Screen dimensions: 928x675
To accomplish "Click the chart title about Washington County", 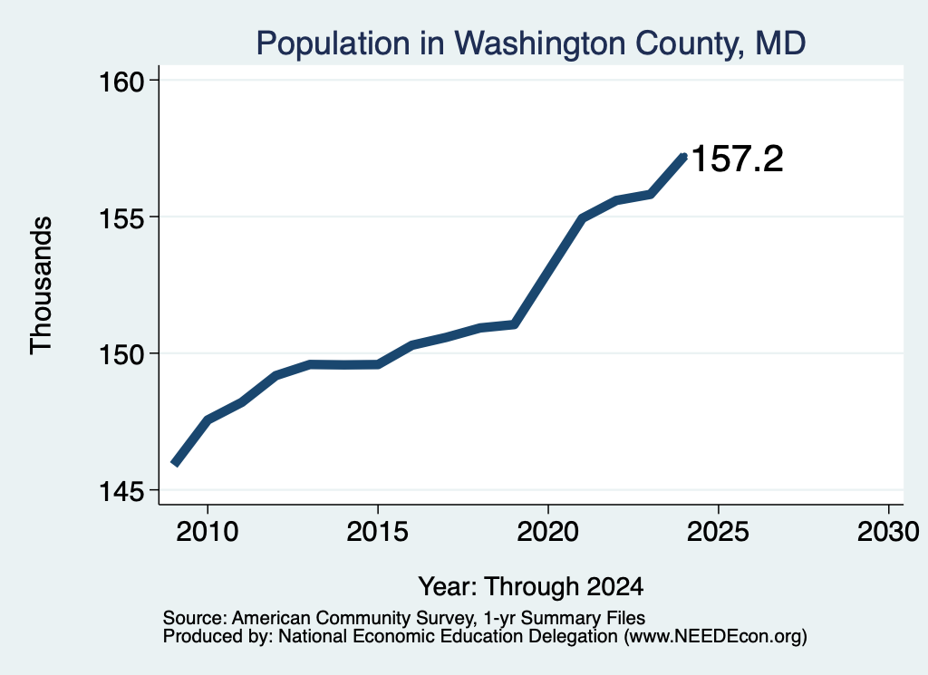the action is [x=531, y=43].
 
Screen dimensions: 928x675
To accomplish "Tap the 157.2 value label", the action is [x=737, y=159].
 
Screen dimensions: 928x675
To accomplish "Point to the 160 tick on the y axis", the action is [x=121, y=82].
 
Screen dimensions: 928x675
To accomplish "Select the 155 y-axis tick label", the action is [x=121, y=218].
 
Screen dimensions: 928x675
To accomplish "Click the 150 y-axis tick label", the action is [x=121, y=355].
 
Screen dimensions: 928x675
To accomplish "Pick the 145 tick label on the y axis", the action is [x=121, y=492].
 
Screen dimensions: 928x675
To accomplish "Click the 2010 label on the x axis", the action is [x=208, y=532].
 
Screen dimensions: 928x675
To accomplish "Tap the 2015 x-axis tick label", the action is [x=378, y=532].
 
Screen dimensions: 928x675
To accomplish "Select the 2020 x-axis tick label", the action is [x=548, y=532].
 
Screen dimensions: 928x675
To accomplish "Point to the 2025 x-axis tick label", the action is [x=718, y=532].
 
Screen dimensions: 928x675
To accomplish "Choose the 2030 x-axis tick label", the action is [x=888, y=532].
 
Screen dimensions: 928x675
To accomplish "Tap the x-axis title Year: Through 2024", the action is [x=531, y=587].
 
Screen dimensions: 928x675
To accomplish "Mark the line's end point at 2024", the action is [x=684, y=157].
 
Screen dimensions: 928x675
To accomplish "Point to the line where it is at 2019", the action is [x=515, y=324].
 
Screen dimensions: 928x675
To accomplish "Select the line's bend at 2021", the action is [x=583, y=218].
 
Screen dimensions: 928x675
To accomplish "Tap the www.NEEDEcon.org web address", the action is [x=715, y=637].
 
